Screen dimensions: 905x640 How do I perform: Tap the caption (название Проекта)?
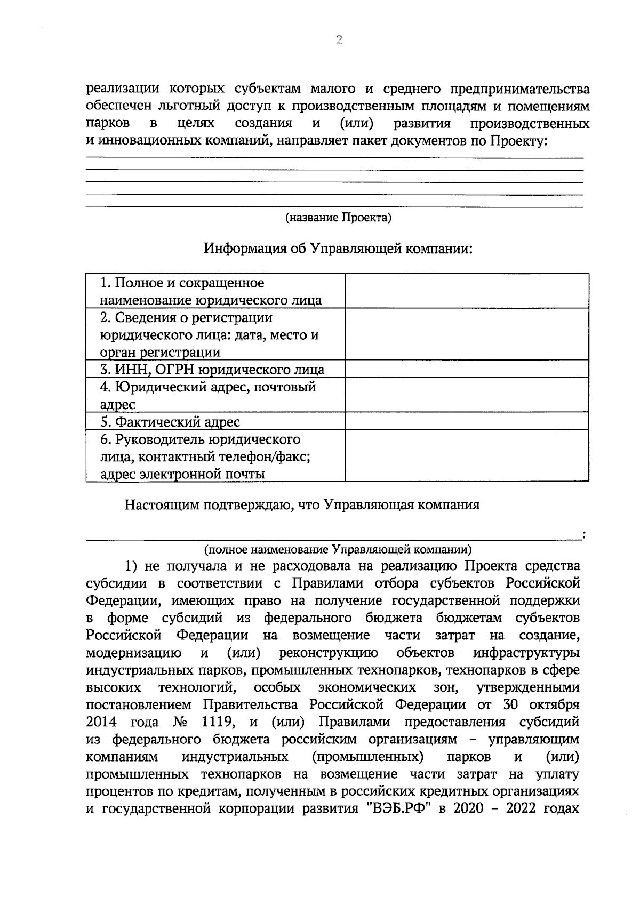pyautogui.click(x=338, y=218)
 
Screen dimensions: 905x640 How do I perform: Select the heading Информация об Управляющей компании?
pyautogui.click(x=338, y=249)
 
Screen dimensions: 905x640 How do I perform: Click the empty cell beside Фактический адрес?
pyautogui.click(x=467, y=421)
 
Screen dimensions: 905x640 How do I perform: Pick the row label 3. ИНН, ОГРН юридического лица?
pyautogui.click(x=212, y=370)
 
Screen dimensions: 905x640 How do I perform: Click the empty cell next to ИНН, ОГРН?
pyautogui.click(x=467, y=369)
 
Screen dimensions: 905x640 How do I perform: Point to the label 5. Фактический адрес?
pyautogui.click(x=170, y=422)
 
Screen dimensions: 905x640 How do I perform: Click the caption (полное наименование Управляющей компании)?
pyautogui.click(x=338, y=549)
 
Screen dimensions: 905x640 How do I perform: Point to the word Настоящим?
pyautogui.click(x=161, y=505)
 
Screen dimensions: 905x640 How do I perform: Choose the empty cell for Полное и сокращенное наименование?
pyautogui.click(x=467, y=291)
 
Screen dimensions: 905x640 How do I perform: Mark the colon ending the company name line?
pyautogui.click(x=585, y=534)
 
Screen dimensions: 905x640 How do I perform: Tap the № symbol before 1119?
pyautogui.click(x=180, y=722)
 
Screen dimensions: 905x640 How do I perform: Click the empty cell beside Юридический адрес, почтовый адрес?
pyautogui.click(x=467, y=395)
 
